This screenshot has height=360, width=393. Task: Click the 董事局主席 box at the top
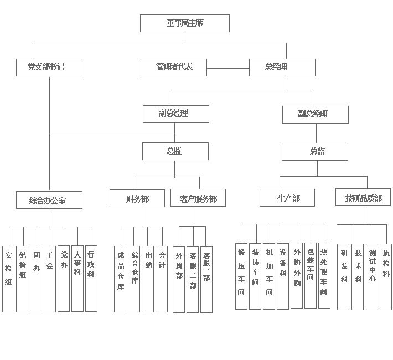(185, 23)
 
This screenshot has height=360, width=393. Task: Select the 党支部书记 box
(49, 68)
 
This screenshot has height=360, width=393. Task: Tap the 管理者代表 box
(174, 68)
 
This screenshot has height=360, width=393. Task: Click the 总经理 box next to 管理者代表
(282, 68)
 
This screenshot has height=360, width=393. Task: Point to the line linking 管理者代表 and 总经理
(228, 68)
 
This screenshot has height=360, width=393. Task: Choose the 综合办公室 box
(49, 200)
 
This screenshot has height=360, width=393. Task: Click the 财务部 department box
(137, 198)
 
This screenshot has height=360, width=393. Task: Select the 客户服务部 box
(198, 198)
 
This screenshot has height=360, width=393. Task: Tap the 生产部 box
(287, 198)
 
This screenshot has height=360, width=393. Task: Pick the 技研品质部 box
(363, 197)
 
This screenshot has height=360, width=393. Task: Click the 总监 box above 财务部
(175, 151)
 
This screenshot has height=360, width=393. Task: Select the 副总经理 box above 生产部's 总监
(316, 115)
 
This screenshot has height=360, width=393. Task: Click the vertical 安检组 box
(8, 279)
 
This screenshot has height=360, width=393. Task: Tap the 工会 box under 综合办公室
(50, 279)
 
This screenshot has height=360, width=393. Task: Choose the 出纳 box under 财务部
(148, 279)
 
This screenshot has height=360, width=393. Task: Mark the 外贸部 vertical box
(179, 280)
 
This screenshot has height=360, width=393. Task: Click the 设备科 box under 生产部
(283, 276)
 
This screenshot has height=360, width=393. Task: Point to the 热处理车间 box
(324, 276)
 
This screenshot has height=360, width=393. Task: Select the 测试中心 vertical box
(372, 277)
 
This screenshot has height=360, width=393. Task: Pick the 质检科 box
(386, 277)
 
